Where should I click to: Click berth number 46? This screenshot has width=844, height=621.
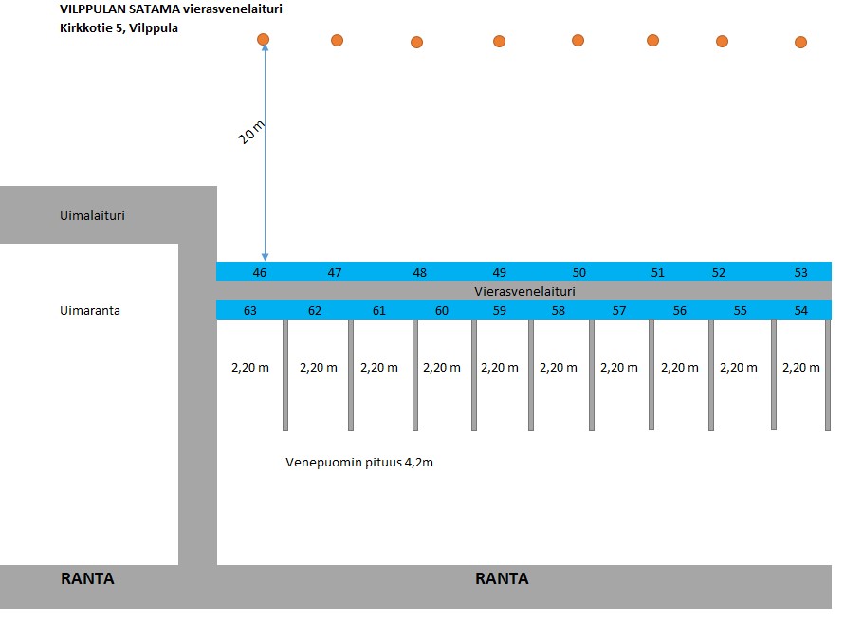click(260, 272)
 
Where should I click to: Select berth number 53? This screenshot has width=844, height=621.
click(801, 272)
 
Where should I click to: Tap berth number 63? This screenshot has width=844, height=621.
click(249, 311)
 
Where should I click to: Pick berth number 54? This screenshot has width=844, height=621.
click(801, 311)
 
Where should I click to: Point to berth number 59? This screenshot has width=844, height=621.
click(500, 311)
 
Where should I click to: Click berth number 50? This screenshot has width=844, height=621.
click(579, 272)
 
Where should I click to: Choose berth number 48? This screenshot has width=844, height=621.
click(420, 272)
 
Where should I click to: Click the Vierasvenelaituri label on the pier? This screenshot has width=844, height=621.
click(524, 291)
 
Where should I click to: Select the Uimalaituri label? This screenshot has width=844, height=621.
click(92, 215)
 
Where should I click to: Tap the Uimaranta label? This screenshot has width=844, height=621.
click(90, 311)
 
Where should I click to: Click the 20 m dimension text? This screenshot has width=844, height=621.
click(251, 133)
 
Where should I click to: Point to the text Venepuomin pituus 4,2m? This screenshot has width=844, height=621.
click(359, 463)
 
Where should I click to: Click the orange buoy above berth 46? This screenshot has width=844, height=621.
click(264, 39)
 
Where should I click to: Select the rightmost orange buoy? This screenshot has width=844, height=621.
click(801, 42)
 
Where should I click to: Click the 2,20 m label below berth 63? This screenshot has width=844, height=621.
click(250, 368)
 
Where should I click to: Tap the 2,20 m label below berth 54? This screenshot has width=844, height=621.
click(801, 368)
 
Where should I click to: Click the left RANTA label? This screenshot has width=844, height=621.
click(87, 578)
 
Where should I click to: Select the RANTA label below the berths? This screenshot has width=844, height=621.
click(502, 578)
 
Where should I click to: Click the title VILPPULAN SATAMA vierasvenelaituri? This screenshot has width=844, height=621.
click(171, 9)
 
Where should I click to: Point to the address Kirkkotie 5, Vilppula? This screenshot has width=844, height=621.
click(119, 28)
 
